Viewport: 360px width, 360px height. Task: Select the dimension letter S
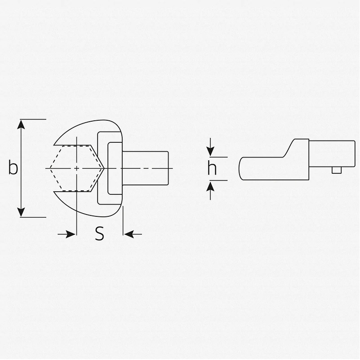pos(99,233)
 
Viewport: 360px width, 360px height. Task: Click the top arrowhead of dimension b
pos(21,124)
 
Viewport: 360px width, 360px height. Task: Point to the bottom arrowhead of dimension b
pos(21,212)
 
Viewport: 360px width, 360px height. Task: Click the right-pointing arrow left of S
pos(67,234)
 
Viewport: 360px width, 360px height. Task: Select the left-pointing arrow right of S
pos(133,234)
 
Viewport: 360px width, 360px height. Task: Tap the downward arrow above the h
pos(210,147)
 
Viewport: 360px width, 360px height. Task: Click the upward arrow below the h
pos(210,191)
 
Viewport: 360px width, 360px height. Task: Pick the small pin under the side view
pos(337,170)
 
